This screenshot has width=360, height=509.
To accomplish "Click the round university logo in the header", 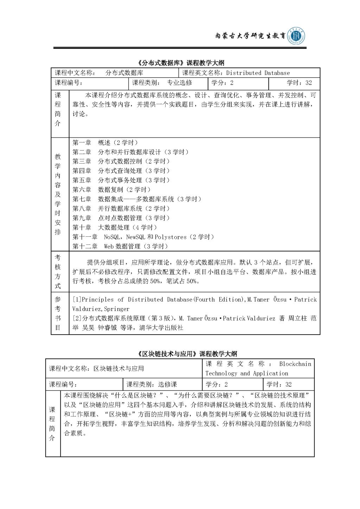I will pos(296,36).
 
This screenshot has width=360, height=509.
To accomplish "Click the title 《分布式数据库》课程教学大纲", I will pos(180,63).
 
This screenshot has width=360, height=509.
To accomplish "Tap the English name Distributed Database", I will pos(258,73).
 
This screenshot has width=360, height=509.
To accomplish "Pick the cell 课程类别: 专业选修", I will pos(162,83).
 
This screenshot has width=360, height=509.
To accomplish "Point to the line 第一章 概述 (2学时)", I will pos(105,142).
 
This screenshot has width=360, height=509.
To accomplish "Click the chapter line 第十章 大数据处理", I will pos(115,228).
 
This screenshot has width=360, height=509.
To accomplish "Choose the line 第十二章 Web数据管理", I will pos(120,247).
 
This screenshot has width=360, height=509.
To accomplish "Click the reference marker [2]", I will pos(77,318).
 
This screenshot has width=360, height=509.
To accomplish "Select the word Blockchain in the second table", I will pos(295,364).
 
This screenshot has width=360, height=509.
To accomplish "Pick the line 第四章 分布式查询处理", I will pos(121,171).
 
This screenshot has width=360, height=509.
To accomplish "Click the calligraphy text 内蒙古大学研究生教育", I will pos(250,36).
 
